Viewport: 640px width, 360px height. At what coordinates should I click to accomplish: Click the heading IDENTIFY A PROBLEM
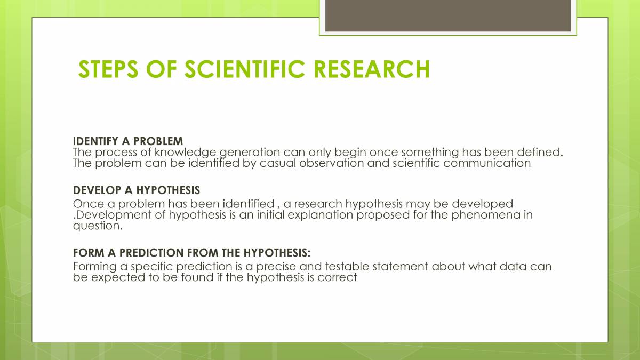[128, 141]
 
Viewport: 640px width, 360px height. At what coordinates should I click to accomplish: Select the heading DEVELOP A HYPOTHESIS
[137, 190]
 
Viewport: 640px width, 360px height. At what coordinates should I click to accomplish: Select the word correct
[337, 277]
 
